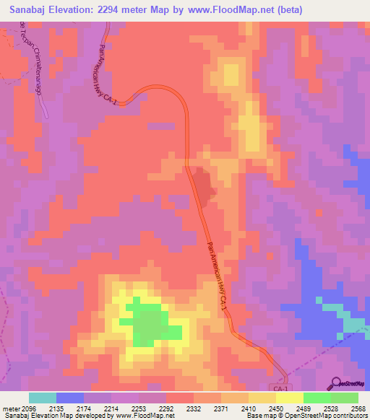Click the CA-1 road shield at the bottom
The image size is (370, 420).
click(282, 388)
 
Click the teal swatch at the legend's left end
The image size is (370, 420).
click(42, 398)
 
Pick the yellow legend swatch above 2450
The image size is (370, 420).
click(289, 398)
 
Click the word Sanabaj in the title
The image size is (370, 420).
click(30, 9)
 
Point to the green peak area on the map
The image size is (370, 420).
click(148, 322)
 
